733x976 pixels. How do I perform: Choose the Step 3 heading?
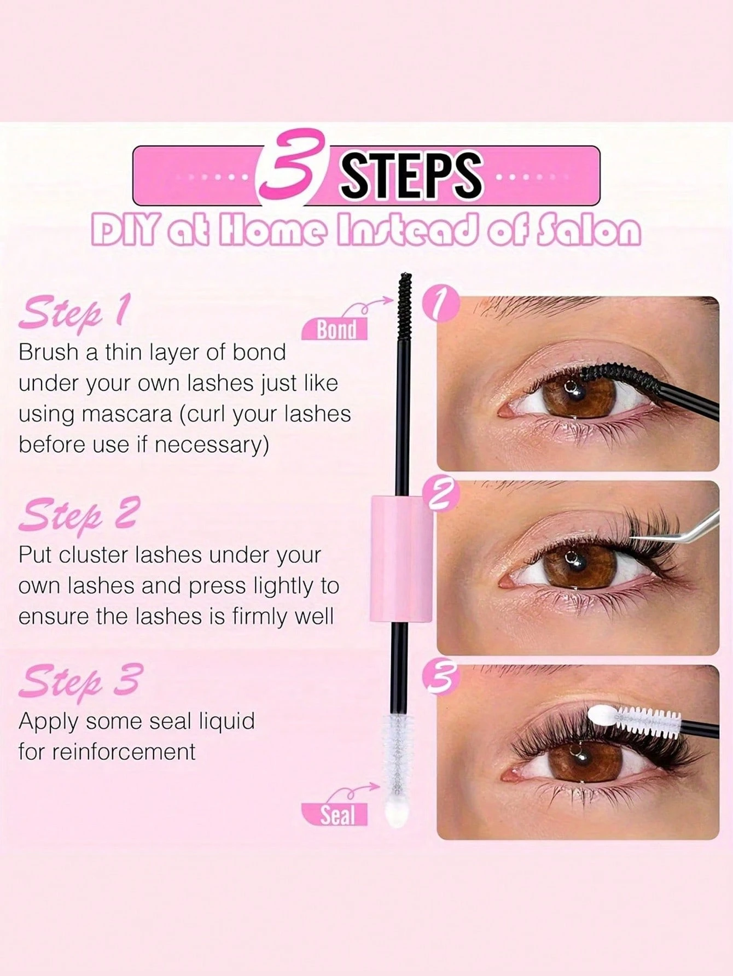pos(79,679)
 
